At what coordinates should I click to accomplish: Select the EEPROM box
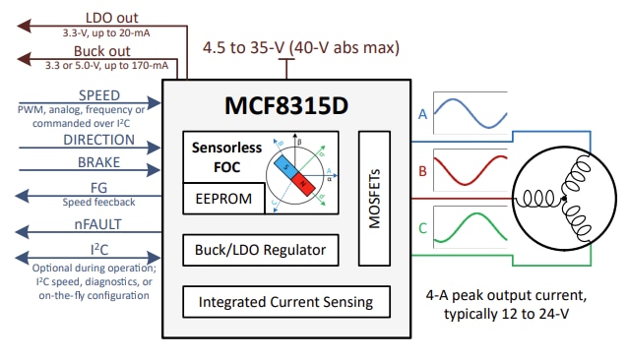[x=222, y=199]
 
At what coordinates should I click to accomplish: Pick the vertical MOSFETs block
[x=375, y=198]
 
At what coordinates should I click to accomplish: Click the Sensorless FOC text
[x=221, y=157]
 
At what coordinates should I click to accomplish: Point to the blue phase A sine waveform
[x=471, y=114]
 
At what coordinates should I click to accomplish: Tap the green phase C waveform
[x=471, y=229]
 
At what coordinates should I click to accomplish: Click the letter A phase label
[x=422, y=114]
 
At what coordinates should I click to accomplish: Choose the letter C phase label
[x=422, y=229]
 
